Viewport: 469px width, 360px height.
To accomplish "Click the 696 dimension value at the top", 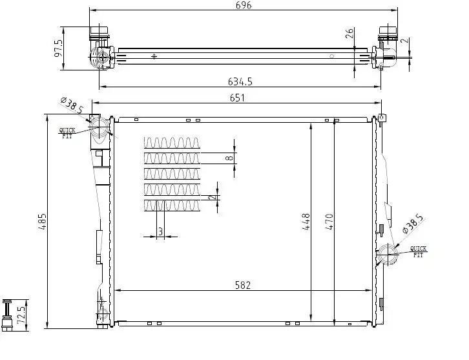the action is pyautogui.click(x=244, y=5).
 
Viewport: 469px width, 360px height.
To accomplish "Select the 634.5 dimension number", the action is pyautogui.click(x=240, y=81).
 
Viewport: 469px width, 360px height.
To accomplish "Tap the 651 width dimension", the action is pyautogui.click(x=237, y=98).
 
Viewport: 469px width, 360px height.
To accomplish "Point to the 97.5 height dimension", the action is pyautogui.click(x=59, y=48).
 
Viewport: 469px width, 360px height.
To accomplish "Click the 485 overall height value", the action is pyautogui.click(x=43, y=221).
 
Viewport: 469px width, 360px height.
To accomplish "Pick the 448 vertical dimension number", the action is pyautogui.click(x=306, y=222).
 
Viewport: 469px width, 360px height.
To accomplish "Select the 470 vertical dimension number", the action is pyautogui.click(x=329, y=222).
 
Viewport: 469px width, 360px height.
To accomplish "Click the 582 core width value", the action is pyautogui.click(x=243, y=285).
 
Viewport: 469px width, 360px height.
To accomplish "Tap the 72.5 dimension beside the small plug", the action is pyautogui.click(x=21, y=314).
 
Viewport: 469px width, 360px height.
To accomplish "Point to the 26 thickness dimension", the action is pyautogui.click(x=349, y=33).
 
